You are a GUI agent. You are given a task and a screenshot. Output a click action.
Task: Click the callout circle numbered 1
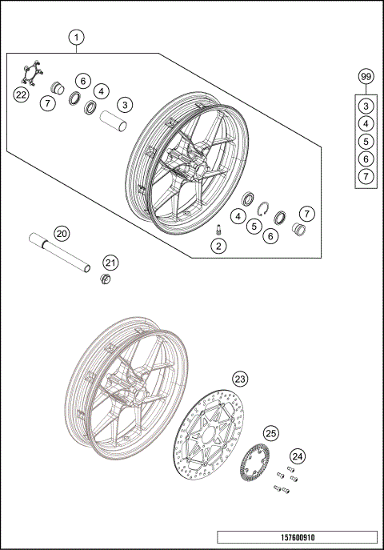pyautogui.click(x=76, y=37)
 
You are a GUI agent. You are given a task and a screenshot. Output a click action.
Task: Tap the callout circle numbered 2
pyautogui.click(x=217, y=246)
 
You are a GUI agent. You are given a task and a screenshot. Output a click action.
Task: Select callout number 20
pyautogui.click(x=62, y=234)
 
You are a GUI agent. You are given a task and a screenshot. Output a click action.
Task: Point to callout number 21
pyautogui.click(x=110, y=262)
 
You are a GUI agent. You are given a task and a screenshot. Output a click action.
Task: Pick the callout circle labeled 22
pyautogui.click(x=21, y=94)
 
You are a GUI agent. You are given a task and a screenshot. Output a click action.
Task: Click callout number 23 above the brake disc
pyautogui.click(x=241, y=379)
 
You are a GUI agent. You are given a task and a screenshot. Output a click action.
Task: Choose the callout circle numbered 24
pyautogui.click(x=298, y=456)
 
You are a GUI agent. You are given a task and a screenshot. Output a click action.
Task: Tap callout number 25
pyautogui.click(x=271, y=433)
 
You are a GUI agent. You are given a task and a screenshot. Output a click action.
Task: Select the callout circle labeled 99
pyautogui.click(x=366, y=77)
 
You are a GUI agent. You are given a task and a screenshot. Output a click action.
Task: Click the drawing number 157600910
pyautogui.click(x=296, y=538)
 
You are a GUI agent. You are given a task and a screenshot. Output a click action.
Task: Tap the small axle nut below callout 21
pyautogui.click(x=104, y=279)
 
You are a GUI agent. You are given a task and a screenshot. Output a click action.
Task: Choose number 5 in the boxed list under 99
pyautogui.click(x=365, y=141)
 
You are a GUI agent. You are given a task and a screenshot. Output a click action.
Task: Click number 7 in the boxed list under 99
pyautogui.click(x=365, y=175)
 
